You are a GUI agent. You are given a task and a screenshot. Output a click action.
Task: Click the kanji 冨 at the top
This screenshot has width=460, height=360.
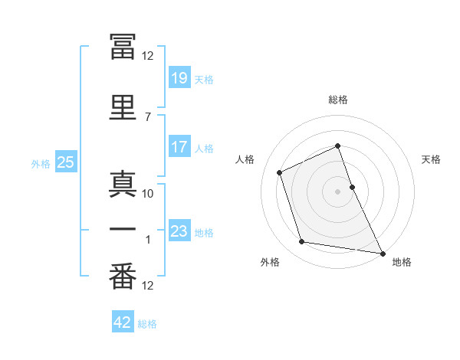tap(123, 47)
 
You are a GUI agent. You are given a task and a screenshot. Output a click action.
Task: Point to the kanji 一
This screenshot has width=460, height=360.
tap(123, 231)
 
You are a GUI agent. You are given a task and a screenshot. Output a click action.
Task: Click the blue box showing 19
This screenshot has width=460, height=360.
tap(179, 78)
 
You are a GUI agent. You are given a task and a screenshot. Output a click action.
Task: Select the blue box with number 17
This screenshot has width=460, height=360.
tap(179, 147)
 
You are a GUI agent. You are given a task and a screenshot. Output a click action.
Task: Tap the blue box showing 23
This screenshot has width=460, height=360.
tap(179, 231)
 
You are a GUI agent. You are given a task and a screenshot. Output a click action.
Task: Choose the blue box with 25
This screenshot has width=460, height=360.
tap(65, 162)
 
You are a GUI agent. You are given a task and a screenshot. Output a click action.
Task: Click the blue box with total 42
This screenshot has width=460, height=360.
tap(122, 323)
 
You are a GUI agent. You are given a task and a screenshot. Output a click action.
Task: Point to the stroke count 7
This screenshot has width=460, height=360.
tap(147, 117)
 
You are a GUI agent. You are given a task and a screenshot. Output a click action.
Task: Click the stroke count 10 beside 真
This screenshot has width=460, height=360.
tap(148, 194)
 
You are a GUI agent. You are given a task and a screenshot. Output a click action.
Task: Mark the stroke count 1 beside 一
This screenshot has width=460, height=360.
tap(148, 240)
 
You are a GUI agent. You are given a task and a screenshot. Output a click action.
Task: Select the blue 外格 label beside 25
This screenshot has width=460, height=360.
tap(41, 163)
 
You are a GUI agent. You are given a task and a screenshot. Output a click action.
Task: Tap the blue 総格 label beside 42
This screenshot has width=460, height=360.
tap(147, 324)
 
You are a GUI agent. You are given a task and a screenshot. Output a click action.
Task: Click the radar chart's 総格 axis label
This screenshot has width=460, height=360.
tap(338, 100)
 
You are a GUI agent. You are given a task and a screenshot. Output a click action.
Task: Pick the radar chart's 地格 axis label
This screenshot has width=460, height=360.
tap(402, 263)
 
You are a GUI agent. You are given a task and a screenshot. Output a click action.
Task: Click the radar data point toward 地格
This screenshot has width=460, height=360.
tap(383, 252)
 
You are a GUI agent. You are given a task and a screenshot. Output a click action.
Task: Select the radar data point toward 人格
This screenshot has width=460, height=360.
tap(281, 172)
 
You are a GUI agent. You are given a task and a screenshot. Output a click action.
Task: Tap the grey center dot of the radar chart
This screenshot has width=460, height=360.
tap(338, 191)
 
